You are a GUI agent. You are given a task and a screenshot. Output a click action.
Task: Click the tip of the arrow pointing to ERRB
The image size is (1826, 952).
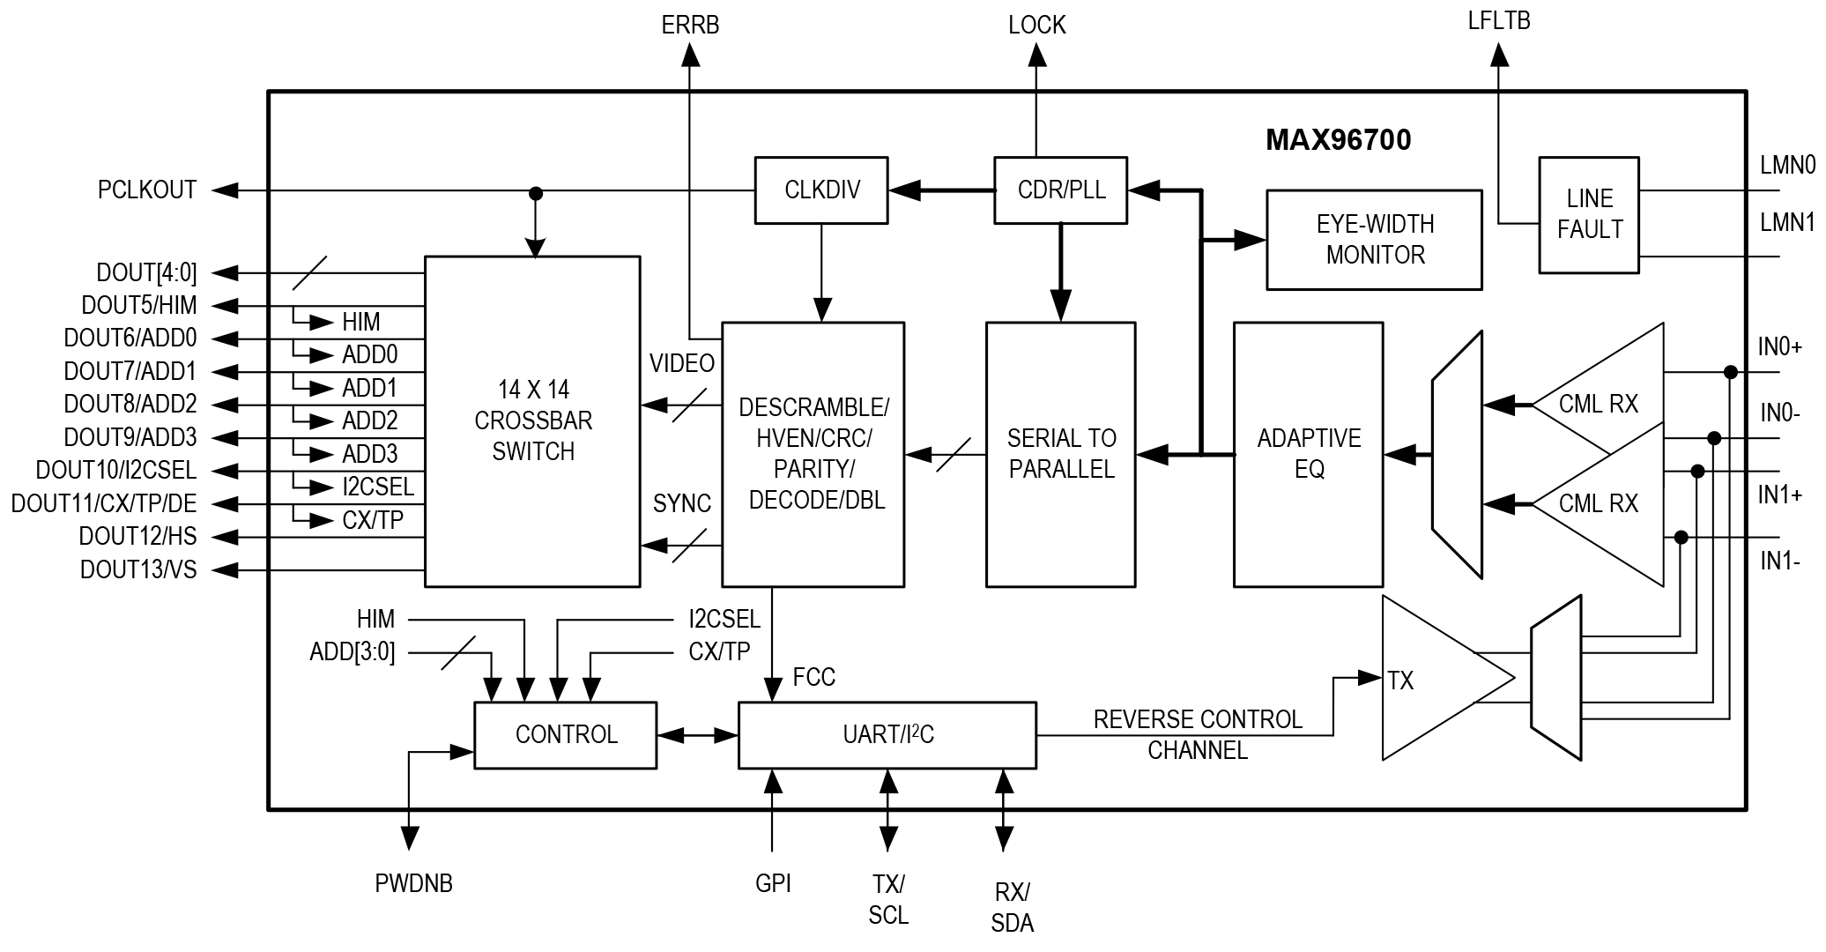[691, 44]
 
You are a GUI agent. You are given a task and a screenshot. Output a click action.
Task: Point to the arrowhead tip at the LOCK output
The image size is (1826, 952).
[1037, 44]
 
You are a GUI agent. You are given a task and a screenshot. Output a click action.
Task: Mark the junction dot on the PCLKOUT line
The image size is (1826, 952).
[535, 193]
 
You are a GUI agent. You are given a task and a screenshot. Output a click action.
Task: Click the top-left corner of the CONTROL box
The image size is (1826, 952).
[475, 703]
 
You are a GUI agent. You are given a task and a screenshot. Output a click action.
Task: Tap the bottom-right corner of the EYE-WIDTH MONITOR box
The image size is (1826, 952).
[1481, 289]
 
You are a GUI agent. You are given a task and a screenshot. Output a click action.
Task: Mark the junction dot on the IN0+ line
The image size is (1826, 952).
[1730, 372]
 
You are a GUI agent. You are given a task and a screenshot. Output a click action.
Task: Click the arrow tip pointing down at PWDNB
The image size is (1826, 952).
[410, 851]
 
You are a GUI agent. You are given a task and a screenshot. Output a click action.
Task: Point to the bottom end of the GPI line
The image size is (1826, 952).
[773, 851]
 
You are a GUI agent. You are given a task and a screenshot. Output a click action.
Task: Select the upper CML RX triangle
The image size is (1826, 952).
[1598, 405]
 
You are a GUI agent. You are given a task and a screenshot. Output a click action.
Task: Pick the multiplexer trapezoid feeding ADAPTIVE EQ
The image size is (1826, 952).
[1457, 455]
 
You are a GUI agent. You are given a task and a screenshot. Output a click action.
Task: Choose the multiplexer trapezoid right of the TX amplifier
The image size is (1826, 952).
[1556, 678]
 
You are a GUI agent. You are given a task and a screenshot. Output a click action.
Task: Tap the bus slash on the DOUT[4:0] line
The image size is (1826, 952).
[309, 272]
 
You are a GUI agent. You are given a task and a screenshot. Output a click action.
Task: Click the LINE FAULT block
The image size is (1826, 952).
[1589, 214]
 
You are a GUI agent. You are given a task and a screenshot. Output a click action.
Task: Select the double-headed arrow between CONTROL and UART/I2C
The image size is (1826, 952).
[697, 735]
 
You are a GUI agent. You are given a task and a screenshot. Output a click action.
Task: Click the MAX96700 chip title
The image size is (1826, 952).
[1338, 139]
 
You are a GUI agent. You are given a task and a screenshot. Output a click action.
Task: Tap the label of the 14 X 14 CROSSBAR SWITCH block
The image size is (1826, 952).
[533, 420]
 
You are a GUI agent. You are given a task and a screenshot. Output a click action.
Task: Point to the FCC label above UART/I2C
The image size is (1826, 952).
[813, 677]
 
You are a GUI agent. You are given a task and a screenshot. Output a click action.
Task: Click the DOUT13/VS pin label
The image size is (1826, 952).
[138, 569]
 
